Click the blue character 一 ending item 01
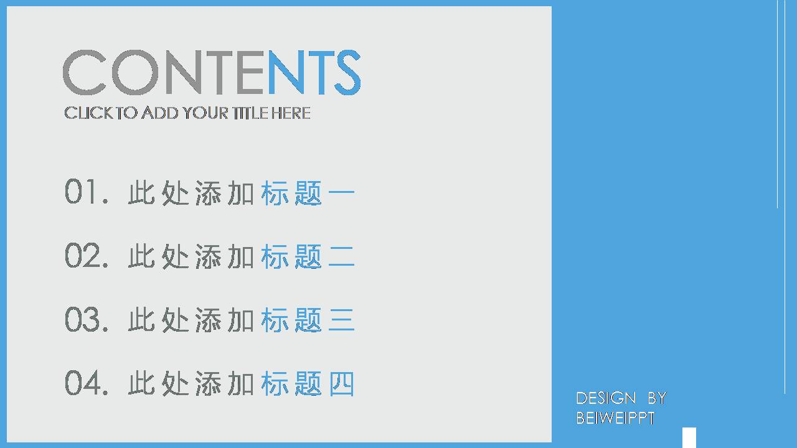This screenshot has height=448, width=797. (x=341, y=193)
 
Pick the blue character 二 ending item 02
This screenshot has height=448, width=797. (x=341, y=256)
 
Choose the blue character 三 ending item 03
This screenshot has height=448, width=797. (x=341, y=320)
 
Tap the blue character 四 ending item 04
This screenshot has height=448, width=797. (x=341, y=384)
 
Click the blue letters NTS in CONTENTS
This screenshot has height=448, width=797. (x=314, y=73)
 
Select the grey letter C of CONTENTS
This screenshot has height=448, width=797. (x=85, y=73)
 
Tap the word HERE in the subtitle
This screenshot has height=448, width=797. (x=291, y=113)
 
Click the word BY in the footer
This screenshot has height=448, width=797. (x=657, y=398)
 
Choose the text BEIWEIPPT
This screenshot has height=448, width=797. (x=615, y=418)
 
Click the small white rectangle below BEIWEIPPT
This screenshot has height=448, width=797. (x=689, y=437)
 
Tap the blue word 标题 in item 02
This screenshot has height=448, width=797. (x=291, y=256)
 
